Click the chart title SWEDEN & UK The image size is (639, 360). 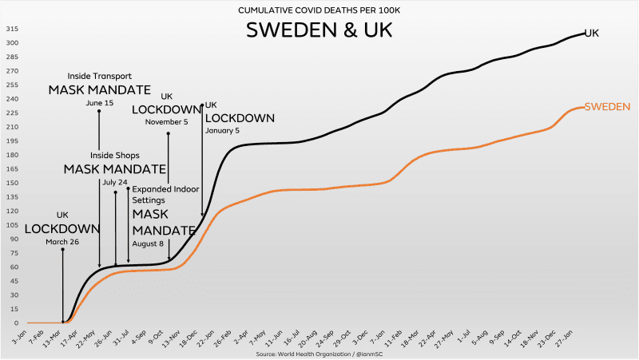[x=319, y=31]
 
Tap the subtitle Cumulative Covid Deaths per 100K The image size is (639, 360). [x=319, y=10]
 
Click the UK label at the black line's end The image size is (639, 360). [x=592, y=34]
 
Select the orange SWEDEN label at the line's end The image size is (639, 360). [x=608, y=106]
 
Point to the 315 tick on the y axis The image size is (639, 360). [x=13, y=29]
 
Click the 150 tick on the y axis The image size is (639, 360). [x=13, y=183]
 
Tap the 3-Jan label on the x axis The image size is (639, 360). [x=18, y=335]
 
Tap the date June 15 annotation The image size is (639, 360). [x=99, y=103]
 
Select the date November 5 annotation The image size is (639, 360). [x=166, y=122]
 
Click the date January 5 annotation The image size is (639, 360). [x=223, y=130]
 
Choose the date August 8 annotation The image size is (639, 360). [x=149, y=243]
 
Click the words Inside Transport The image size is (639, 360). [x=99, y=77]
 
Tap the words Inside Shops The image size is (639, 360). [x=115, y=155]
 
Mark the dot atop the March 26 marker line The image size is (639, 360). [x=63, y=250]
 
